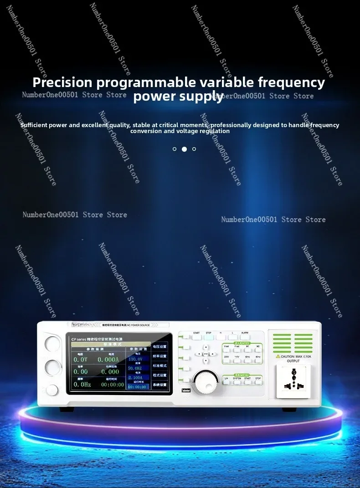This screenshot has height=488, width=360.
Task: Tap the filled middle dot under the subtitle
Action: [x=184, y=149]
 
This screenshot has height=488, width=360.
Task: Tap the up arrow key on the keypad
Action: [x=206, y=347]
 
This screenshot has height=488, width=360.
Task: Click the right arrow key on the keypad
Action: [x=213, y=354]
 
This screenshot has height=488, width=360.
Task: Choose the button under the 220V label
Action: [x=227, y=361]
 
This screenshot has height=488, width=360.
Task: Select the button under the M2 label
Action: [x=258, y=350]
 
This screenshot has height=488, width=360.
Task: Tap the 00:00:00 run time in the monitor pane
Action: [x=112, y=385]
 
